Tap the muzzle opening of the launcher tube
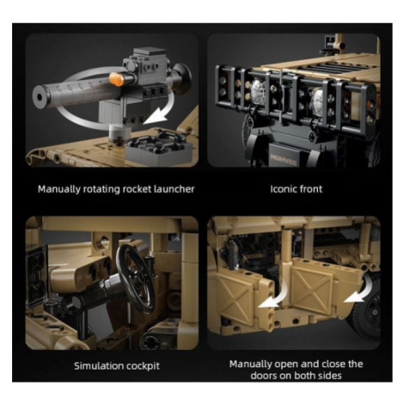click(40, 97)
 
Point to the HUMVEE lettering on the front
click(283, 158)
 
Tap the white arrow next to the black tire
click(359, 290)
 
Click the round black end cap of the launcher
click(181, 79)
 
